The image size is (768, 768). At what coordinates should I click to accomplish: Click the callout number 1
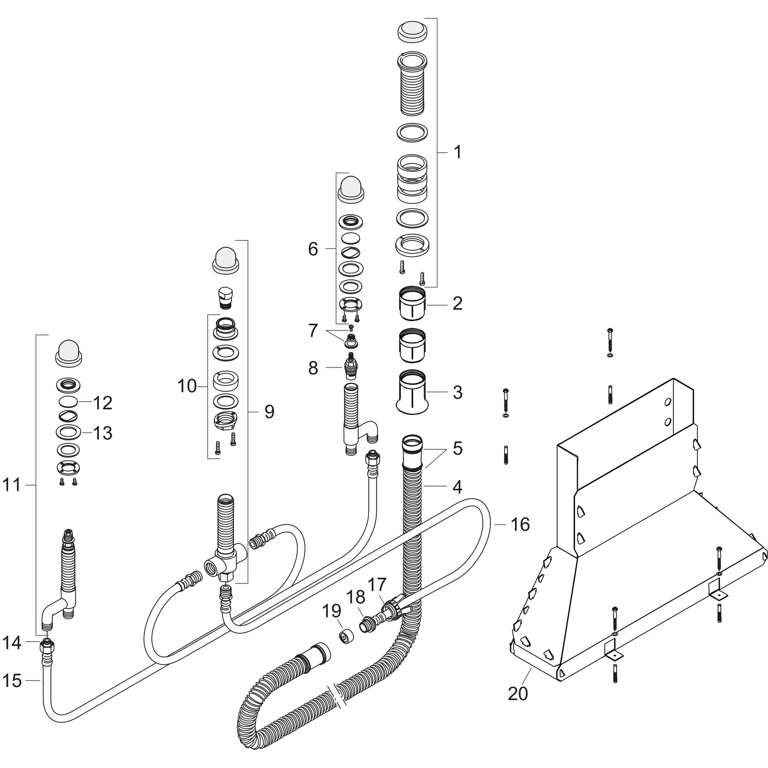(457, 152)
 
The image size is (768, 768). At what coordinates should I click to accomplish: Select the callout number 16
(520, 525)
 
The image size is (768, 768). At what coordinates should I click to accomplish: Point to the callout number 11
(12, 485)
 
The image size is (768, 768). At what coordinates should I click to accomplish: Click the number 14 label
(12, 642)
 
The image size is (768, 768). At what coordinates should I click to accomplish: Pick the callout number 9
(269, 412)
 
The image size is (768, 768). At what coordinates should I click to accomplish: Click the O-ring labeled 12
(69, 402)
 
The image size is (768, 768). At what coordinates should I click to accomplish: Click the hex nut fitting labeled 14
(47, 648)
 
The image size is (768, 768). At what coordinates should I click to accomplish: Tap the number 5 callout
(457, 448)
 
